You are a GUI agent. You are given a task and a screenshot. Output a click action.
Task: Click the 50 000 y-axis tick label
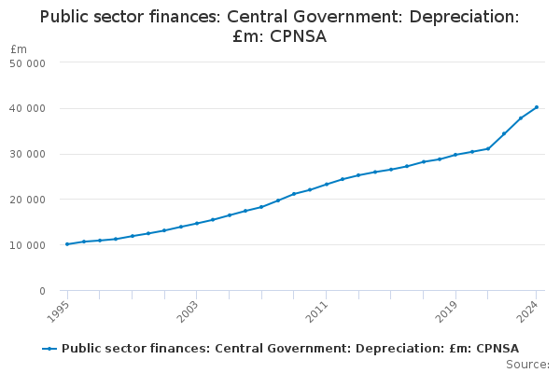pyautogui.click(x=27, y=63)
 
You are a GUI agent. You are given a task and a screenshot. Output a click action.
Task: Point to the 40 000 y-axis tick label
pyautogui.click(x=27, y=108)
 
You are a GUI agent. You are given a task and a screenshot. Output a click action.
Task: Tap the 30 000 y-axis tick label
pyautogui.click(x=27, y=154)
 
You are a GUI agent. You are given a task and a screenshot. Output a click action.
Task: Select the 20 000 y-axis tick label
pyautogui.click(x=27, y=200)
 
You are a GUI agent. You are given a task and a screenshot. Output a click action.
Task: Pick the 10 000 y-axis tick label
pyautogui.click(x=27, y=245)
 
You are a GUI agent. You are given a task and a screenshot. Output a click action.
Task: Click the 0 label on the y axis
pyautogui.click(x=43, y=291)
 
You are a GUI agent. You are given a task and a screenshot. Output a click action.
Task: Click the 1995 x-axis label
pyautogui.click(x=57, y=312)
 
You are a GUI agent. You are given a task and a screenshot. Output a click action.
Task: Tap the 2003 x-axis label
pyautogui.click(x=187, y=312)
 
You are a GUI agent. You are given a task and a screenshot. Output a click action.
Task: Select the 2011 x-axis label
pyautogui.click(x=316, y=312)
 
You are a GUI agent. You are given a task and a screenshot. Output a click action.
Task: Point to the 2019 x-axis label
pyautogui.click(x=446, y=312)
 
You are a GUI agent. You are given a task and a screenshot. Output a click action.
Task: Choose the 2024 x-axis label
pyautogui.click(x=527, y=312)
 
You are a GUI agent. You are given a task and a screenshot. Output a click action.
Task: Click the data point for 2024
pyautogui.click(x=537, y=107)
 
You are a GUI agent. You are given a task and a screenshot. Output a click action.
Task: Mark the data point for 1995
pyautogui.click(x=67, y=244)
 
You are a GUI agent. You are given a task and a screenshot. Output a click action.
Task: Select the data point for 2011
pyautogui.click(x=327, y=185)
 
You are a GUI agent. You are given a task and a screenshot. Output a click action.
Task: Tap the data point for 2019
pyautogui.click(x=455, y=155)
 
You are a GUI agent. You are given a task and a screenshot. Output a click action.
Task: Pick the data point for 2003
pyautogui.click(x=196, y=224)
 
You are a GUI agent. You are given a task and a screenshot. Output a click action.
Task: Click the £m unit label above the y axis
pyautogui.click(x=19, y=48)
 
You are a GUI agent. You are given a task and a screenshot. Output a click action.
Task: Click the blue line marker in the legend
pyautogui.click(x=49, y=349)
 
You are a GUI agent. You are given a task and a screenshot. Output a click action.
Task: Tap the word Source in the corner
pyautogui.click(x=526, y=365)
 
